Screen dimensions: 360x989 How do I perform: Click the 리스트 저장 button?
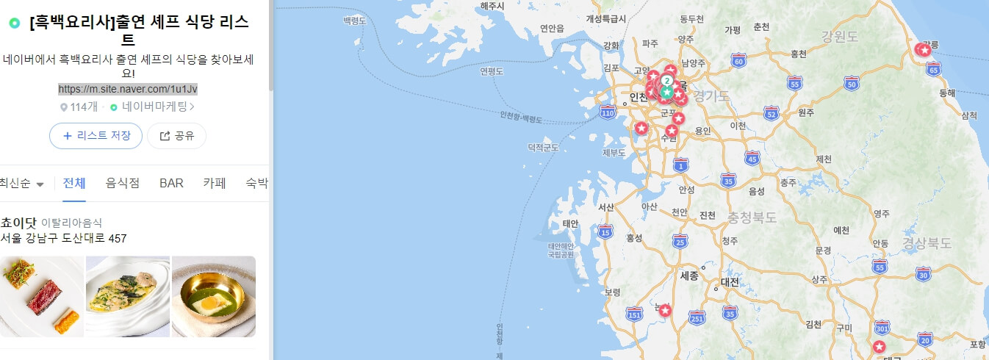click(x=96, y=136)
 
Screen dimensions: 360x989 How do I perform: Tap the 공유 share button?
click(x=176, y=136)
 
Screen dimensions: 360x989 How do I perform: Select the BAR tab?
click(x=171, y=183)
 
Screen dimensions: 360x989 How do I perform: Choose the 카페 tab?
click(x=214, y=183)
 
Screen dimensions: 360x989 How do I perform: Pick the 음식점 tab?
click(x=123, y=183)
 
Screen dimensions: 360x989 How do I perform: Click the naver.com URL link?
click(x=128, y=89)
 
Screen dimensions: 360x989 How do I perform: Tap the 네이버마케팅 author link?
click(x=153, y=107)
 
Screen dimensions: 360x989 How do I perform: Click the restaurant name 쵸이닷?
click(x=18, y=222)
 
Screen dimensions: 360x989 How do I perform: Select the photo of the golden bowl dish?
click(x=213, y=296)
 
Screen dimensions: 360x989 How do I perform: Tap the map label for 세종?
click(x=689, y=276)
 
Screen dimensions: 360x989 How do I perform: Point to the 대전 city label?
click(x=730, y=281)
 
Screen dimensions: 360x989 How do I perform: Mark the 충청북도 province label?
click(x=752, y=217)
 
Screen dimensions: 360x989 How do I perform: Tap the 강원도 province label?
click(x=841, y=36)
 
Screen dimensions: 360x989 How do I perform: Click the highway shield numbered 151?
click(x=634, y=314)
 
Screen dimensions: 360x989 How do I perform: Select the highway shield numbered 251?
click(x=697, y=317)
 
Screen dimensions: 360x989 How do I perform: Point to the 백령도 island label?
click(x=354, y=22)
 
